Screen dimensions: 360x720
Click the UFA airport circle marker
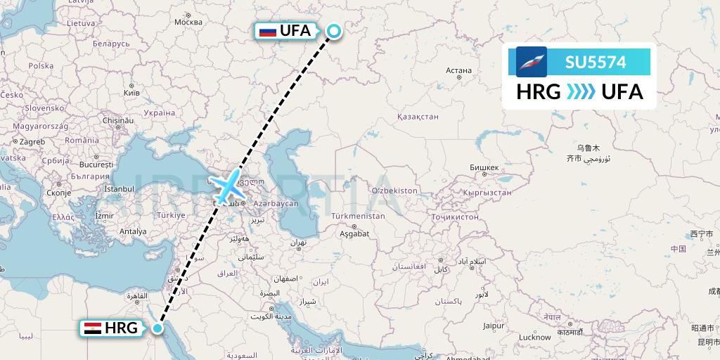tap(333, 30)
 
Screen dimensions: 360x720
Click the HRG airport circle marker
tap(157, 328)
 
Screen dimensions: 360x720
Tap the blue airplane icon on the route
tap(227, 186)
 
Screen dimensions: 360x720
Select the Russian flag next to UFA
tap(267, 31)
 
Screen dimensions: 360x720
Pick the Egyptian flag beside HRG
tap(93, 328)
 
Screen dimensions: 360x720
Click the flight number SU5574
tap(596, 62)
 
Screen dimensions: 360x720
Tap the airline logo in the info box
tap(531, 62)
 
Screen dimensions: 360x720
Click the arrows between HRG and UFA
tap(581, 92)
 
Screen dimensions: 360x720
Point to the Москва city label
tap(188, 22)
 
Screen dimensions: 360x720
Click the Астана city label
tap(458, 70)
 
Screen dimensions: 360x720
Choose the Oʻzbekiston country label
tap(394, 191)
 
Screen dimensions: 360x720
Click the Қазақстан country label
tap(417, 117)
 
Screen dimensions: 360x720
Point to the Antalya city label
tap(133, 231)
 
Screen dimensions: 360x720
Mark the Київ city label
tap(131, 92)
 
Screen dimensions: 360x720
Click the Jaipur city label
tap(494, 326)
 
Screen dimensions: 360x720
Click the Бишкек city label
tap(484, 167)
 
